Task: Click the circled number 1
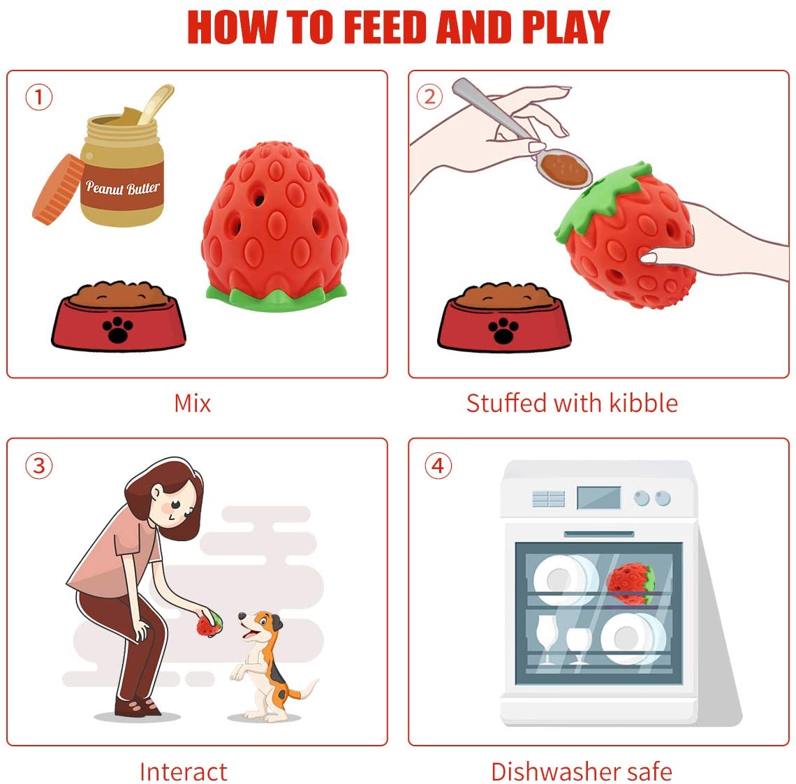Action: pyautogui.click(x=39, y=97)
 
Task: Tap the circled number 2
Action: pyautogui.click(x=429, y=96)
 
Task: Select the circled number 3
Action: pyautogui.click(x=39, y=466)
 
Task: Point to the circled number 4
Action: pyautogui.click(x=438, y=466)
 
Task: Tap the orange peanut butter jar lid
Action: pyautogui.click(x=58, y=189)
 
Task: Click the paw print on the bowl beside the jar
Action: pyautogui.click(x=118, y=330)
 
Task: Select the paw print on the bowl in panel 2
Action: pyautogui.click(x=503, y=330)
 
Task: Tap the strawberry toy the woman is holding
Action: pyautogui.click(x=209, y=625)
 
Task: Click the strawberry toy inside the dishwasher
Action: pyautogui.click(x=631, y=584)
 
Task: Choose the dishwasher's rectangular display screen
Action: pyautogui.click(x=599, y=498)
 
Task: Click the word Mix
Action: pyautogui.click(x=193, y=404)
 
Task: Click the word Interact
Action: pyautogui.click(x=183, y=772)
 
